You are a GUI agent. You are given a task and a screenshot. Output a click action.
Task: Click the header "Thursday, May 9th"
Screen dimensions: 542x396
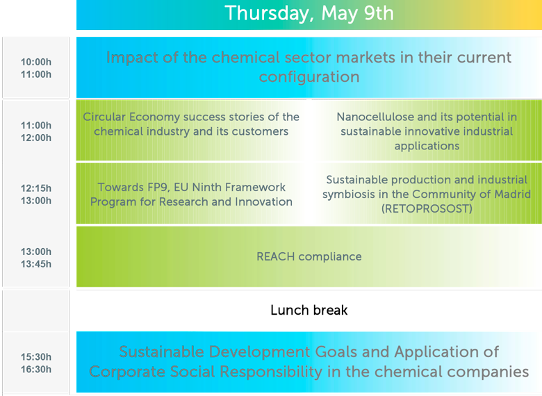[309, 14]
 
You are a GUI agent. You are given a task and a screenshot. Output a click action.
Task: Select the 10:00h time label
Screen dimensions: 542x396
[36, 62]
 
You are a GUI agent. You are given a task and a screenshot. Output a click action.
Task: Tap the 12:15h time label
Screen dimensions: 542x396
[36, 188]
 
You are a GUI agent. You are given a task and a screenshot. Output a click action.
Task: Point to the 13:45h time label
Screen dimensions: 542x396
[36, 264]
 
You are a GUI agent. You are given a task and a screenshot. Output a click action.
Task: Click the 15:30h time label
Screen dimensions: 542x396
[36, 356]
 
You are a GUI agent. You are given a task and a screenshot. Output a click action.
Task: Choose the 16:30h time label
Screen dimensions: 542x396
[36, 369]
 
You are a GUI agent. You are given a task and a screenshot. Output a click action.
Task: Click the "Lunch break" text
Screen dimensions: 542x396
[309, 310]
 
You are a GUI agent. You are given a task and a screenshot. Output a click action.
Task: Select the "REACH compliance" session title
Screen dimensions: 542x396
[309, 257]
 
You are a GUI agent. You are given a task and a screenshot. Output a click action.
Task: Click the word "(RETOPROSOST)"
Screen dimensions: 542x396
[427, 208]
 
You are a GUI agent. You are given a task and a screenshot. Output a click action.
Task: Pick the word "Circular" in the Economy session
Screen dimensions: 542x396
[104, 117]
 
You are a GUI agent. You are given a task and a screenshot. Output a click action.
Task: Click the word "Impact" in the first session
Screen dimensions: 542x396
[132, 58]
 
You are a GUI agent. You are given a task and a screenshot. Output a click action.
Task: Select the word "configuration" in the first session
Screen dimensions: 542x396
[309, 76]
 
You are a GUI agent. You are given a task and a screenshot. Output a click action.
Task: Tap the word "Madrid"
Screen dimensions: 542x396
[513, 195]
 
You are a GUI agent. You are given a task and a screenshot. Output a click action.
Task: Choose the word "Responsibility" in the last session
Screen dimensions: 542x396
[271, 372]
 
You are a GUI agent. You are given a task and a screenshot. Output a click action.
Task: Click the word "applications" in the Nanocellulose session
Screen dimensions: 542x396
[427, 146]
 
